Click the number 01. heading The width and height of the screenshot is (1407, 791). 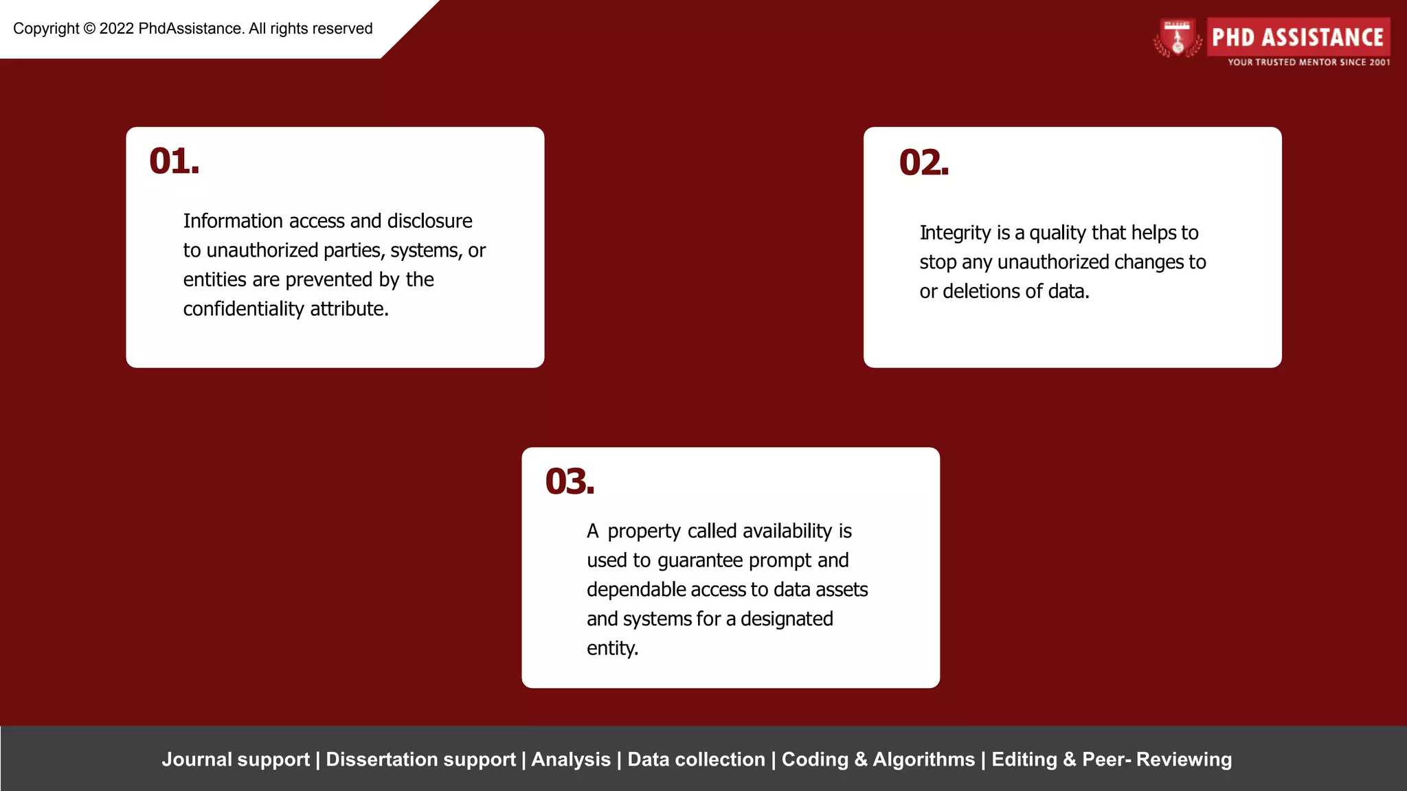coord(174,162)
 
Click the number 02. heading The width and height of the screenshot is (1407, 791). coord(923,163)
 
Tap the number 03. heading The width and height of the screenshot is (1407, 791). coord(569,482)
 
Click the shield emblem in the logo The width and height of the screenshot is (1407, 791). coord(1178,38)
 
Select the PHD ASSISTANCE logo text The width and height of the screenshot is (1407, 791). coord(1297,37)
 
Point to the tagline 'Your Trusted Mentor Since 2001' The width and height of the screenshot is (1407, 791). coord(1308,62)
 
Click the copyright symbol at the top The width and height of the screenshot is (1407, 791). coord(89,29)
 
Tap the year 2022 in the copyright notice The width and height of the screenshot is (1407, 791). coord(116,29)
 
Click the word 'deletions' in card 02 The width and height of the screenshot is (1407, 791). coord(982,292)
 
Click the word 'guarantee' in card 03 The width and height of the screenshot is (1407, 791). coord(701,561)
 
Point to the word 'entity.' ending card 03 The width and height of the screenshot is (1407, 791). coord(612,648)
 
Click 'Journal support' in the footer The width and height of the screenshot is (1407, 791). coord(236,759)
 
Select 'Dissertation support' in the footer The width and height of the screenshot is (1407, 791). coord(420,759)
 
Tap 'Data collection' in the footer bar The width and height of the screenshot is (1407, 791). coord(696,759)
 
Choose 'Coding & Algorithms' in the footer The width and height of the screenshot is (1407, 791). coord(878,759)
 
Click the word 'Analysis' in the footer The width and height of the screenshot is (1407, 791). coord(571,759)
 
